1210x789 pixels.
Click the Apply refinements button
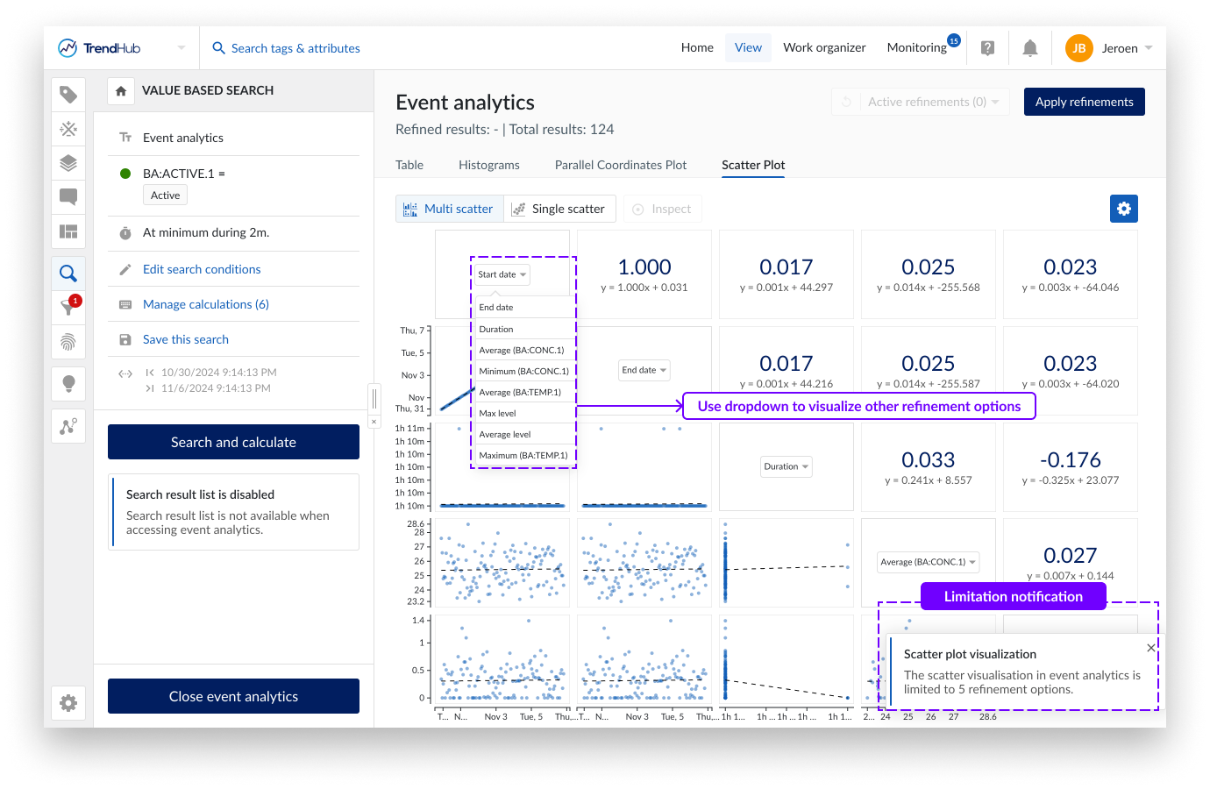tap(1084, 102)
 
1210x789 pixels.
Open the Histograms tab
tap(488, 165)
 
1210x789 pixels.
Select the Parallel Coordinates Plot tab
tap(620, 165)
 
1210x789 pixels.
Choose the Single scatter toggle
tap(559, 209)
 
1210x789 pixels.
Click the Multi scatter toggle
tap(449, 209)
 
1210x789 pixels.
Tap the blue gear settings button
tap(1123, 209)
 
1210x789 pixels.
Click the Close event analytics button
tap(233, 696)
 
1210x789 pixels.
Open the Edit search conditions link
tap(202, 269)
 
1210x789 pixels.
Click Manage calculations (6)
tap(205, 304)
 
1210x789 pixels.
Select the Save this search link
tap(185, 339)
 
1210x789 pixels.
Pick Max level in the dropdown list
tap(497, 413)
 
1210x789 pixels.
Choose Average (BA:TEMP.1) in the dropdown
tap(520, 392)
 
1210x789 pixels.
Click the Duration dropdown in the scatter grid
tap(786, 466)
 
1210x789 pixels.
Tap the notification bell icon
tap(1030, 48)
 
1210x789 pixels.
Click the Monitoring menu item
tap(916, 47)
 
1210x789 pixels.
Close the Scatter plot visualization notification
tap(1150, 648)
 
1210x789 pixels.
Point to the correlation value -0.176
tap(1070, 459)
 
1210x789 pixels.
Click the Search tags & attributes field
tap(295, 48)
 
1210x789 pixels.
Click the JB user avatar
tap(1078, 48)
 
